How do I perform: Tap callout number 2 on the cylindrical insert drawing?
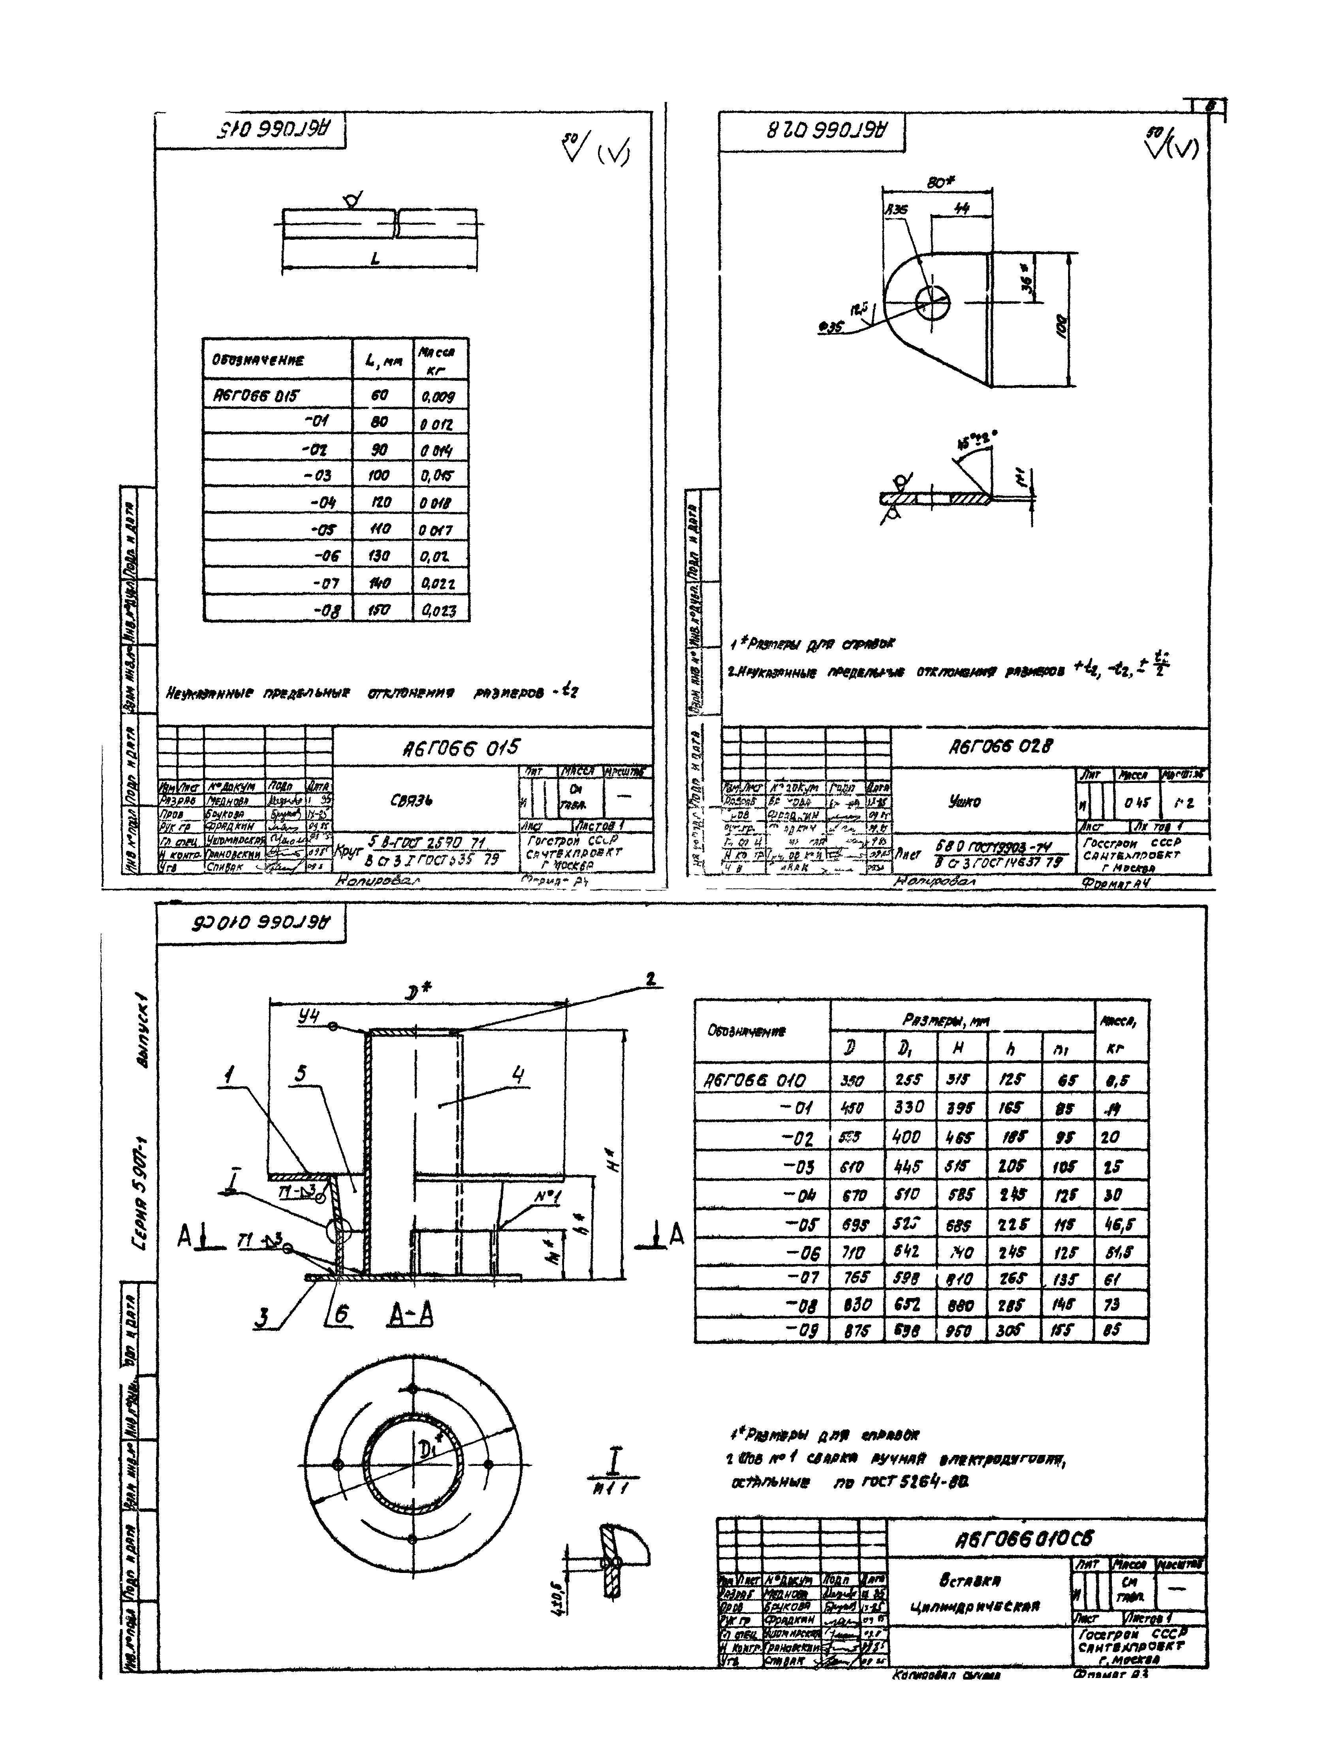tap(651, 979)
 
